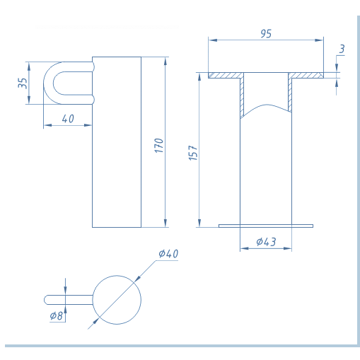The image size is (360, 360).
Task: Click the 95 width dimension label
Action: pos(266,34)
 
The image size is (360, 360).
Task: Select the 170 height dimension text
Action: pos(159,146)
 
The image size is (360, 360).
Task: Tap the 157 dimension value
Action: pos(193,153)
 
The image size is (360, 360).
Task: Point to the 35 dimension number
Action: pos(23,83)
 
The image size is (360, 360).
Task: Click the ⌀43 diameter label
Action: pos(266,242)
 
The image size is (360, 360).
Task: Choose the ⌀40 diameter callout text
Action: pos(168,254)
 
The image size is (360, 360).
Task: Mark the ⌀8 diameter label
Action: pos(57,315)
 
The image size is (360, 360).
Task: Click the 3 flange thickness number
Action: pos(342,49)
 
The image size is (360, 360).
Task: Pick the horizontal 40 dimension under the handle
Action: pos(68,119)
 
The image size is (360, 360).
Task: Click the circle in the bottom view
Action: pos(117,276)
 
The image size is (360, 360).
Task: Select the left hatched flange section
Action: pos(226,76)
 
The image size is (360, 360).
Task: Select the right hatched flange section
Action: pos(306,76)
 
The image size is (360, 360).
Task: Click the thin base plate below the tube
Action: pos(266,226)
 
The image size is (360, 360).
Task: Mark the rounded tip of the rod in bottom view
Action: pos(45,300)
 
